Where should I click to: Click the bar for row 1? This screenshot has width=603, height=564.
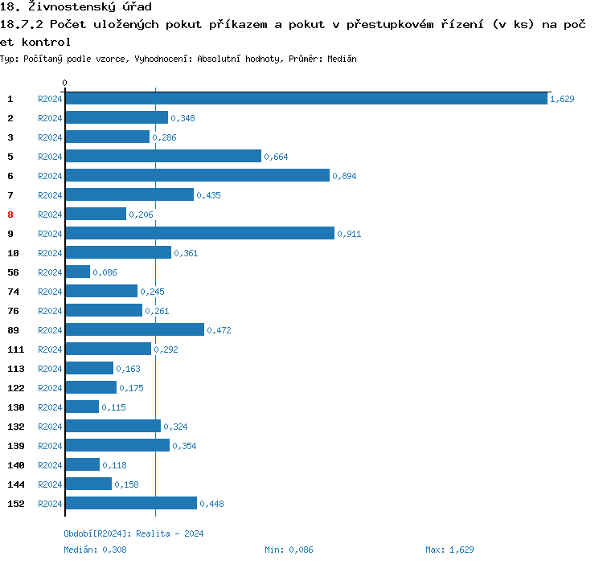point(306,98)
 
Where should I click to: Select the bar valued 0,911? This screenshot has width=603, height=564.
point(199,233)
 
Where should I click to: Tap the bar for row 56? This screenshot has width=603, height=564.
point(77,272)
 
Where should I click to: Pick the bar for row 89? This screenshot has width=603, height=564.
point(134,329)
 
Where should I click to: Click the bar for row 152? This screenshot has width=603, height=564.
point(131,503)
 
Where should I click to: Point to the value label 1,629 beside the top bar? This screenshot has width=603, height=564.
point(562,99)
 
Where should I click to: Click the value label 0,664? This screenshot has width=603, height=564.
point(276,157)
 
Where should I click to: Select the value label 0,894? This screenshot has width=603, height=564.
point(344,176)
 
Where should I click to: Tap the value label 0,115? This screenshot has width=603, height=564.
point(114,407)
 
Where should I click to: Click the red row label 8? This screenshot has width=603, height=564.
point(10,215)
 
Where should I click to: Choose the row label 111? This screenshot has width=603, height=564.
point(16,349)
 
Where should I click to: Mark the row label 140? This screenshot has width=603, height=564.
point(16,465)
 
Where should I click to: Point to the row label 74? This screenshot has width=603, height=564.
point(14,292)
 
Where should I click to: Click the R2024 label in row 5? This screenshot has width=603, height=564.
point(50,157)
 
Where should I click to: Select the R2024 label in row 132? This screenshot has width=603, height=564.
point(50,427)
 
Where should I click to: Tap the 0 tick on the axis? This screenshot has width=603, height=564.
point(65,83)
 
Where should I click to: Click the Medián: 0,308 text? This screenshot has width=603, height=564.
point(95,550)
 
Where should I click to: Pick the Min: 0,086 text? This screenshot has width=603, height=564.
point(289,550)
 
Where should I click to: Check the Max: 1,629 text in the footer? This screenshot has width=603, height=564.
point(450,550)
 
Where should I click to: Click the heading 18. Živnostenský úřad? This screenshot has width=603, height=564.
point(76,7)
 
